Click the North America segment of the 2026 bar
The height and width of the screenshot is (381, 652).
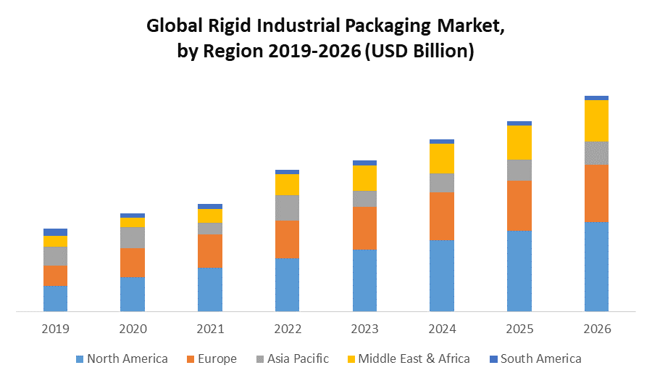(596, 266)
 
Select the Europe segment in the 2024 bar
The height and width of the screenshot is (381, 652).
(442, 216)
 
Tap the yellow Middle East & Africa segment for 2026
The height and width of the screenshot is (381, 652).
(596, 120)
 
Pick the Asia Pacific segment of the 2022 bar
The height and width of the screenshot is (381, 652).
(288, 208)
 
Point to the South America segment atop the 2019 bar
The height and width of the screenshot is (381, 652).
(55, 232)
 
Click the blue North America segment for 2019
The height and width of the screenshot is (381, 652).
(55, 298)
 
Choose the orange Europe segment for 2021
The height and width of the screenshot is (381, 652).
(210, 251)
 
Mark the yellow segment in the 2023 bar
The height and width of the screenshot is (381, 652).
(364, 178)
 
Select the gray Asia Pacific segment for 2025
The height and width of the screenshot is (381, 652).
(519, 170)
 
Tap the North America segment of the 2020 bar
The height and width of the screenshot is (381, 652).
(133, 294)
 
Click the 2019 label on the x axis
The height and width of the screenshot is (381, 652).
(55, 329)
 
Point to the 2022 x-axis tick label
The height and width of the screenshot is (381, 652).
(288, 329)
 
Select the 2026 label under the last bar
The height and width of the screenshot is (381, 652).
(596, 329)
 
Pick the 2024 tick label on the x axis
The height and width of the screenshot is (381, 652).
(442, 329)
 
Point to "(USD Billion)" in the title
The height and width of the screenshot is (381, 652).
(419, 52)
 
